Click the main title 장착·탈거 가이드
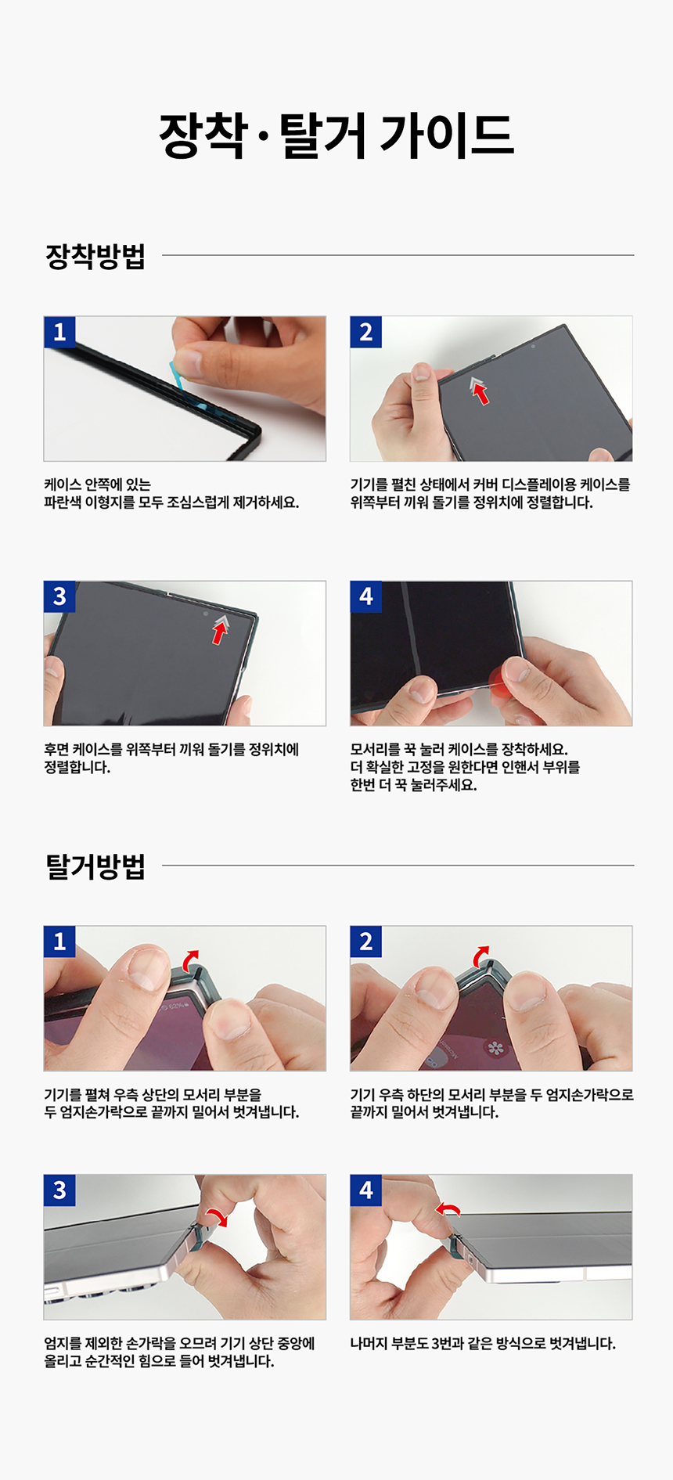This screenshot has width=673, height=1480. tap(336, 135)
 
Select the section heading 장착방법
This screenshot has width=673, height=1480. tap(95, 256)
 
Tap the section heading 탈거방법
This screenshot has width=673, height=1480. tap(95, 866)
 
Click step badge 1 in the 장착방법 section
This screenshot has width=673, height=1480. tap(59, 332)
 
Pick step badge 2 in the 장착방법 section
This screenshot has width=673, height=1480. tap(365, 332)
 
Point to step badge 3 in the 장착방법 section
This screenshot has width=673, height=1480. tap(59, 596)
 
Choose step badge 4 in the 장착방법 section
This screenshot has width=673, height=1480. tap(365, 596)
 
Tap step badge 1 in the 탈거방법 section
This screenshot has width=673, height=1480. tap(59, 942)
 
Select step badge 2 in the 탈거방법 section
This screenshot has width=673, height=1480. tap(365, 942)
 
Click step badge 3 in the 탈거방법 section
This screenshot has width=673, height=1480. tap(59, 1190)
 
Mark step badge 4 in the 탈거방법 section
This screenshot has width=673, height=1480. tap(365, 1190)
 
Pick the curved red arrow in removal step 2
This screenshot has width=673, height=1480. tap(481, 954)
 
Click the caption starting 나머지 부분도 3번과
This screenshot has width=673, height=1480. tap(483, 1344)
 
